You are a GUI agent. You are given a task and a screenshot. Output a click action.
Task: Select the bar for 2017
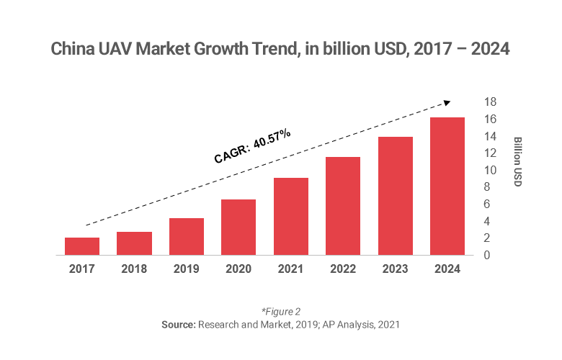click(x=82, y=246)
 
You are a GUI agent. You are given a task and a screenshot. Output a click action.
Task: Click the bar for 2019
click(x=187, y=237)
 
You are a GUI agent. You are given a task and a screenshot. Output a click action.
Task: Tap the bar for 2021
click(x=291, y=217)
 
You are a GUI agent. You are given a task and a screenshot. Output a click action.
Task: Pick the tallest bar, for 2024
click(x=447, y=186)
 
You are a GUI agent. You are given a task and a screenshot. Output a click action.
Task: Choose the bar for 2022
click(x=343, y=206)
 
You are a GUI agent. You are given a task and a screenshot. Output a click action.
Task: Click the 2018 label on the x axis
click(x=134, y=269)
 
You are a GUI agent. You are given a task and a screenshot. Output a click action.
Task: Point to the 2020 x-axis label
click(x=238, y=269)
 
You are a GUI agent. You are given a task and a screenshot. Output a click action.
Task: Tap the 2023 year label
click(x=395, y=269)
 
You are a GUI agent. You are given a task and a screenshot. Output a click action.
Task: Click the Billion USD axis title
click(x=517, y=162)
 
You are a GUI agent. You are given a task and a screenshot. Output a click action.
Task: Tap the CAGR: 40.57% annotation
click(x=252, y=146)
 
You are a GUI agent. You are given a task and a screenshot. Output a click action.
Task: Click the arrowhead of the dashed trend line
click(x=447, y=102)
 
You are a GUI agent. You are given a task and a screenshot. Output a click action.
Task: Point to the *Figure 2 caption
click(x=280, y=312)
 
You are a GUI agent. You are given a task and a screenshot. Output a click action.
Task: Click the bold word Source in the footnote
click(x=177, y=325)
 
